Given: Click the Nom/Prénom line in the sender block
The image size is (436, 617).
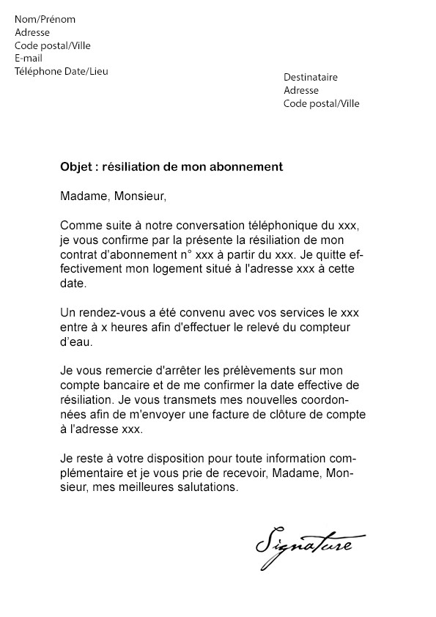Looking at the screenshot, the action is tap(45, 19).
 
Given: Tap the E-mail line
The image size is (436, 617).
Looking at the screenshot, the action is tap(29, 58).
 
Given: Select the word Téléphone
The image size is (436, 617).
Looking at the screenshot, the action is tap(39, 71).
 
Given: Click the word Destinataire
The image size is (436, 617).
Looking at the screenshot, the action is tap(311, 77).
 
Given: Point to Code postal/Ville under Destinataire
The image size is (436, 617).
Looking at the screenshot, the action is tap(322, 103).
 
